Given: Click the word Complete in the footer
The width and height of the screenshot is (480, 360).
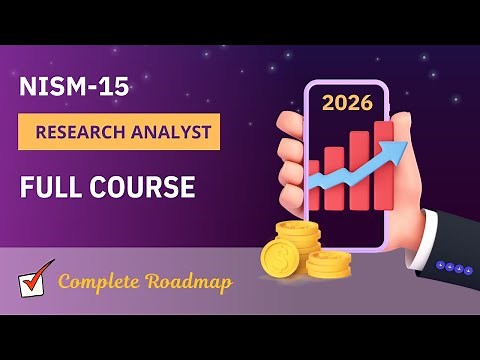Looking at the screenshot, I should pyautogui.click(x=98, y=281).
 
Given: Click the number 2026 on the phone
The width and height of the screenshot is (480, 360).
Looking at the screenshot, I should pyautogui.click(x=347, y=103).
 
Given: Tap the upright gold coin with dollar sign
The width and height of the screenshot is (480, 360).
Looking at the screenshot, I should pyautogui.click(x=280, y=257).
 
